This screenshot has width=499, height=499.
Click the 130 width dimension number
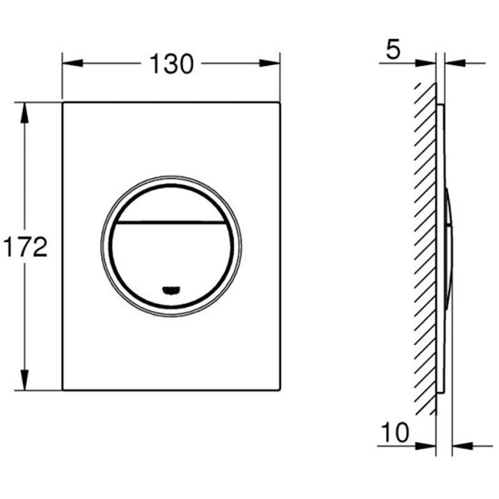pos(171,64)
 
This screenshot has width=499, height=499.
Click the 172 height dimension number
pos(25,246)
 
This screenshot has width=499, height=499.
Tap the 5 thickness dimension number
pos(393,50)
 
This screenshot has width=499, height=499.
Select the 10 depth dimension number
pos(395,432)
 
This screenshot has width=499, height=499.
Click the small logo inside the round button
pos(171,290)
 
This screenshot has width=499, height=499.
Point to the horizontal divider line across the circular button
pos(171,222)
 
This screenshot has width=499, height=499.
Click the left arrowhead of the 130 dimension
pos(72,63)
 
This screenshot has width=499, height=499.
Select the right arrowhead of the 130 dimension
pos(269,63)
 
